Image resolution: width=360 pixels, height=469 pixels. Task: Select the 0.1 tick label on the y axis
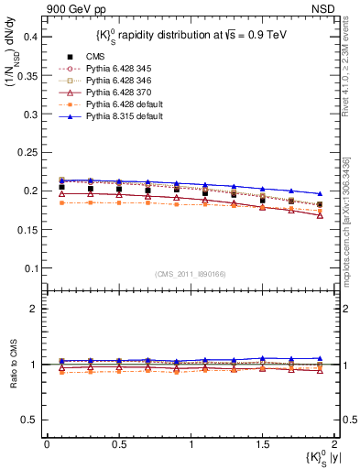click(31, 268)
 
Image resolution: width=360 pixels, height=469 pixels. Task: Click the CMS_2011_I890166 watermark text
click(190, 274)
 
